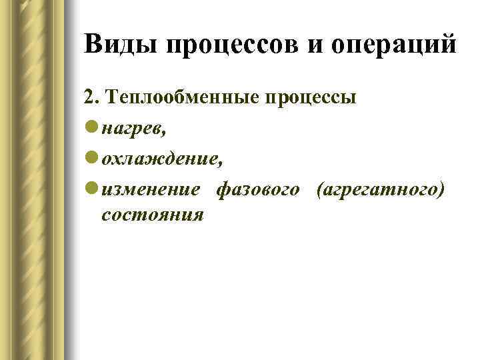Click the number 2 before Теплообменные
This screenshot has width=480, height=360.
pos(89,97)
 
